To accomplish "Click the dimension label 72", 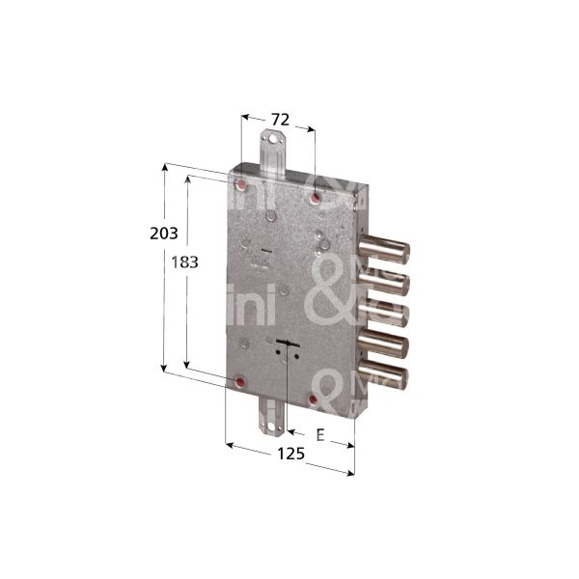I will pos(278,120).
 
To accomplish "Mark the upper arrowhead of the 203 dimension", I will pos(165,167).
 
